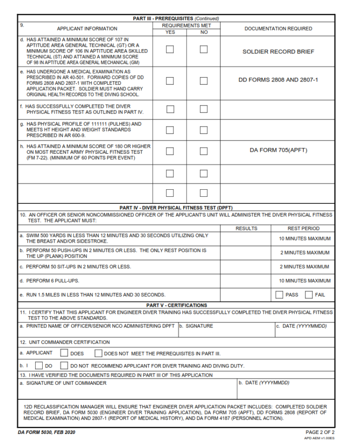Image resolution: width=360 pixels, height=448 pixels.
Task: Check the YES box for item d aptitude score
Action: (170, 49)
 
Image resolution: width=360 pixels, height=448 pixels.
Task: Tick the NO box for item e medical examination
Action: (203, 81)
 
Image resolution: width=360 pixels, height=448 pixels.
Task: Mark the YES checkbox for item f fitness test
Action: (170, 109)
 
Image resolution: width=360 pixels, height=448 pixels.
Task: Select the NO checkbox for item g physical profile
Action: (203, 130)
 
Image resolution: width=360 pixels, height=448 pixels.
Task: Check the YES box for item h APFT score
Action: (170, 151)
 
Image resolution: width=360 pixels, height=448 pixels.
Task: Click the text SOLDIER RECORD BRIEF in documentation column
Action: (278, 52)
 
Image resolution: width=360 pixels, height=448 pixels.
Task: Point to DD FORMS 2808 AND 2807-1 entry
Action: (278, 80)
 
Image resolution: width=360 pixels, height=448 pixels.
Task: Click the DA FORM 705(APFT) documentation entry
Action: (278, 150)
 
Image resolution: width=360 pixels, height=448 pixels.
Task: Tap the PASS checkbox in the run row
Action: (279, 295)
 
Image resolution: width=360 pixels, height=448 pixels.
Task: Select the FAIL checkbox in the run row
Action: (309, 295)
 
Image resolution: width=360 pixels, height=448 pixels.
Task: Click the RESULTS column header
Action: (246, 229)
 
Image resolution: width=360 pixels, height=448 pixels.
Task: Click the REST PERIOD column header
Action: (303, 229)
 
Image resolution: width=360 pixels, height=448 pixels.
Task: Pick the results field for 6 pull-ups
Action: (245, 281)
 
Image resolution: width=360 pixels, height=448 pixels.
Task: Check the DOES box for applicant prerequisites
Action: (64, 353)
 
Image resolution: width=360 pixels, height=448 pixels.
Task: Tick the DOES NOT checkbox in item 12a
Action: (98, 353)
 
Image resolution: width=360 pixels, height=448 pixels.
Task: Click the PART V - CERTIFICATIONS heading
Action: (177, 305)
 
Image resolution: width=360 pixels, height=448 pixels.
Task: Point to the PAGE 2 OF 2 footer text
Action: (320, 432)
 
